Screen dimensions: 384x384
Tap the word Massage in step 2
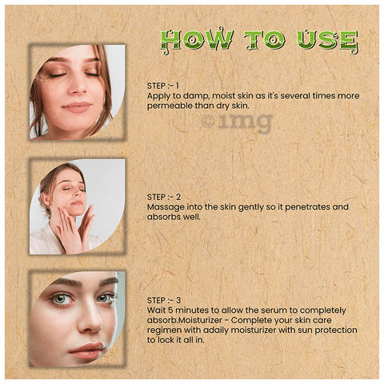point(166,206)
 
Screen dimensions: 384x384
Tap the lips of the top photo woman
point(77,106)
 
